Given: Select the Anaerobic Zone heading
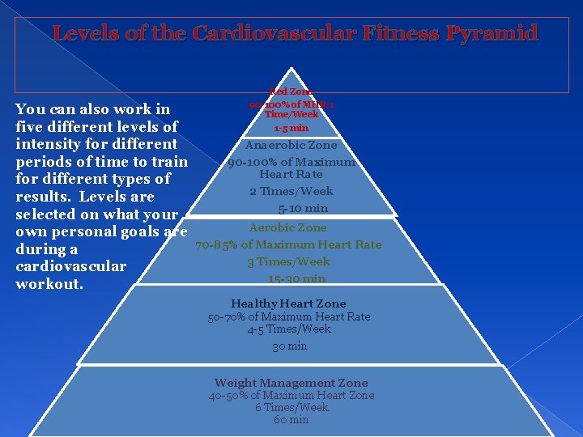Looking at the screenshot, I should (291, 146).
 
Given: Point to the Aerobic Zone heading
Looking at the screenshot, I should (288, 228).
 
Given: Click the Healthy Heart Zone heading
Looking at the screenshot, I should (288, 303).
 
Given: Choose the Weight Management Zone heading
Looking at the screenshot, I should (291, 383).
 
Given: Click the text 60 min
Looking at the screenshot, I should (291, 420).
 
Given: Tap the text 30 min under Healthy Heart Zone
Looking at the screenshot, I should (289, 346).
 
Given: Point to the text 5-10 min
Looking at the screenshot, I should (291, 209).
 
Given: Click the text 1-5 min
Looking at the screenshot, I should (291, 128).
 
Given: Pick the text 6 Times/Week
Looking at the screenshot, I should (291, 408).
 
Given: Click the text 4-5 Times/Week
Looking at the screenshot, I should (289, 329).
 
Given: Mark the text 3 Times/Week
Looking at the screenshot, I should (288, 261).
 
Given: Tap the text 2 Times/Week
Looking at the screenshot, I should (291, 191).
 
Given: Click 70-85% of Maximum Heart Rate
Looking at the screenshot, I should (288, 244).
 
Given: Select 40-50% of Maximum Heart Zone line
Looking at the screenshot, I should (291, 396).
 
